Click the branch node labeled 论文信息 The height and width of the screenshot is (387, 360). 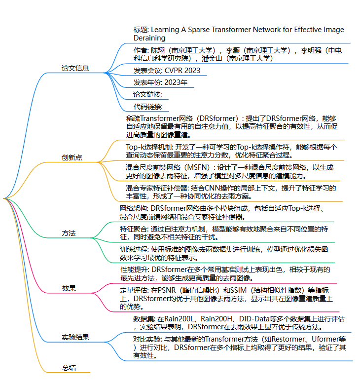pos(75,68)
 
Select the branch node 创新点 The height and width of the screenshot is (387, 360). pos(72,157)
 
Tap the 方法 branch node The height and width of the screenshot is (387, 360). pos(69,232)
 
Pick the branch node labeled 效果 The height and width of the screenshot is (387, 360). pos(69,288)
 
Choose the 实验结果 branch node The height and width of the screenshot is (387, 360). pos(75,338)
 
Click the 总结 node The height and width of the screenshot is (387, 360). pos(69,367)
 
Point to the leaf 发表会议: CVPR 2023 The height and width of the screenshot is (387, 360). pos(167,70)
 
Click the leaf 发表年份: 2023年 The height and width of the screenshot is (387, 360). pos(160,82)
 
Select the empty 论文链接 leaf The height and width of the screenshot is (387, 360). pos(148,94)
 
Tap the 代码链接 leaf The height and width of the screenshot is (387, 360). pos(148,106)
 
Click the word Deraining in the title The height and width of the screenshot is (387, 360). pos(149,38)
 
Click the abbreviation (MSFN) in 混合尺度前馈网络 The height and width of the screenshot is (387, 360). pos(200,167)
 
